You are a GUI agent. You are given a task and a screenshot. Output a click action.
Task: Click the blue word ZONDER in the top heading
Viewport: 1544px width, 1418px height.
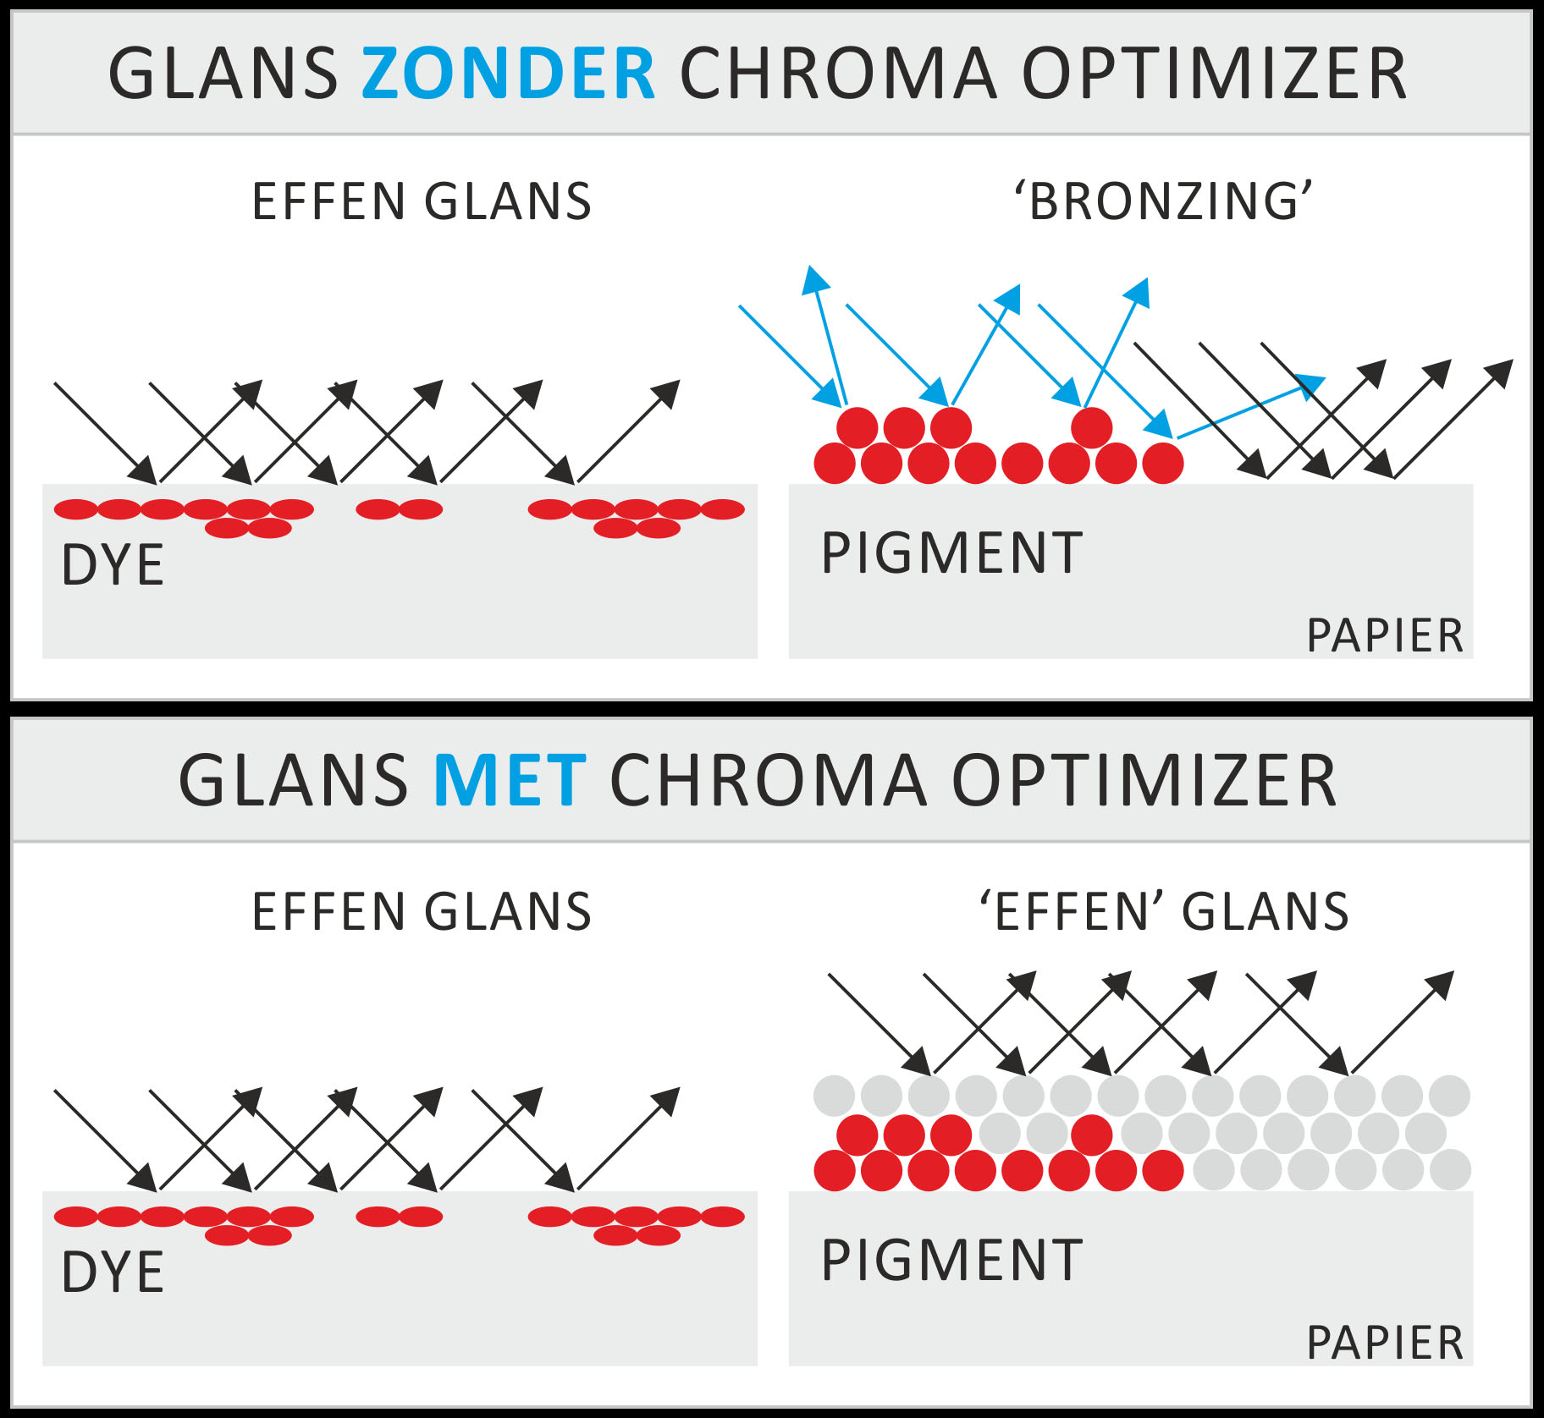[x=508, y=74]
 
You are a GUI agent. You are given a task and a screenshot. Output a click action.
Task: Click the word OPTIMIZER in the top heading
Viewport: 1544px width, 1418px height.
[x=1214, y=74]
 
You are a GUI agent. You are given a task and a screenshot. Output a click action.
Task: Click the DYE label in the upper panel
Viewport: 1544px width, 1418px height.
[x=113, y=565]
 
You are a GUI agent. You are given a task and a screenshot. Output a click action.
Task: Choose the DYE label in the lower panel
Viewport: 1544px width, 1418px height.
[x=113, y=1272]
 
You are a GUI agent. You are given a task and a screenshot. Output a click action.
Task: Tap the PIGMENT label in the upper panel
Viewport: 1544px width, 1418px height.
[x=952, y=553]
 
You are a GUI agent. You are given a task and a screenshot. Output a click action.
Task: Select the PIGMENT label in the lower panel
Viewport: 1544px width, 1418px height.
[x=952, y=1261]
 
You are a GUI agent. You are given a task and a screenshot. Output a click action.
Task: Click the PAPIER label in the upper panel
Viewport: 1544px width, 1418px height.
[x=1385, y=635]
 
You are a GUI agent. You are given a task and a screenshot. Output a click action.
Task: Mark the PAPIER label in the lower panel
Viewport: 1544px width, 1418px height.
[x=1385, y=1343]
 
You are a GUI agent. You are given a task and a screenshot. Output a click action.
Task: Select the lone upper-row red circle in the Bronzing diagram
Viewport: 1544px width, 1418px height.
[x=1092, y=427]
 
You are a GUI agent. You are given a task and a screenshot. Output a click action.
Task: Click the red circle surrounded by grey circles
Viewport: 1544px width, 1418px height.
[x=1092, y=1135]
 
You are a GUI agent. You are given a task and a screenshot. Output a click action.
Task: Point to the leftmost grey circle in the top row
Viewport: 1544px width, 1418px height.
[x=835, y=1096]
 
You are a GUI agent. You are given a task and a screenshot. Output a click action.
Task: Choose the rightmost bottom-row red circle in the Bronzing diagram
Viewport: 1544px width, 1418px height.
[x=1163, y=464]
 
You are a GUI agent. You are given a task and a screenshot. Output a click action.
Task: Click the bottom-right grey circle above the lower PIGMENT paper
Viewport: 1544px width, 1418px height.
[x=1450, y=1171]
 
